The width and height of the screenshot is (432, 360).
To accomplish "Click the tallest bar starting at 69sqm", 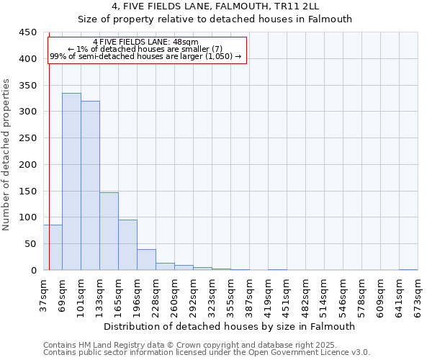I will [71, 181].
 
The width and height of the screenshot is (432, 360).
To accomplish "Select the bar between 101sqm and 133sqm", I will [90, 186].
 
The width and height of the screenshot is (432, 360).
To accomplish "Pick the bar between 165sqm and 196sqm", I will [127, 245].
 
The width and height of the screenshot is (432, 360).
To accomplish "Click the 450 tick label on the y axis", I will [28, 32].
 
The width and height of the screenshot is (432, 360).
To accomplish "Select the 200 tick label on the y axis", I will [28, 164].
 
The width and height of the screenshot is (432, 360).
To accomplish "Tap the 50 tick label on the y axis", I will [31, 244].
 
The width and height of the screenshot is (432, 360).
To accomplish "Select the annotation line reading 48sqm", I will [145, 42].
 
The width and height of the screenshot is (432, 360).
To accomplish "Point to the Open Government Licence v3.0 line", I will [207, 353].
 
